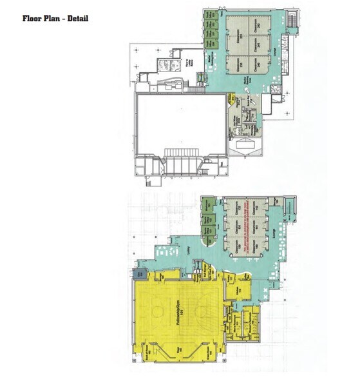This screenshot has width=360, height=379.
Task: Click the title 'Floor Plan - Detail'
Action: (x=55, y=18)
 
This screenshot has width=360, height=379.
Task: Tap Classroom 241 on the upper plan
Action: (x=259, y=45)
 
